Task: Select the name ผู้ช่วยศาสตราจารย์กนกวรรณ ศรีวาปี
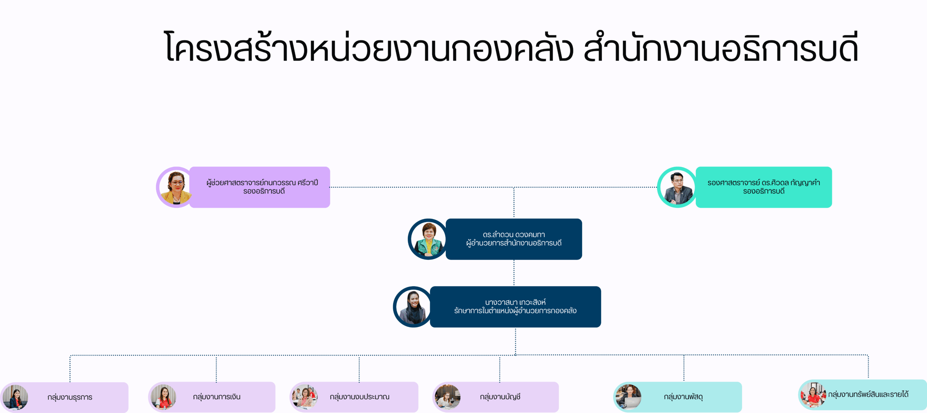coord(262,182)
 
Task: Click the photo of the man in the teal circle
coord(677,187)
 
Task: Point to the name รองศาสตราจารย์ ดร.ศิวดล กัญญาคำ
coord(763,182)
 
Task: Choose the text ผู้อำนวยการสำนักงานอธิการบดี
coord(513,243)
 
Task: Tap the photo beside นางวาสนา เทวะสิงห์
coord(413,307)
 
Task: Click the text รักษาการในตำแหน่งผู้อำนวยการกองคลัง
coord(515,311)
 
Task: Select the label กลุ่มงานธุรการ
coord(70,397)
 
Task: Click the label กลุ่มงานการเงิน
coord(217,397)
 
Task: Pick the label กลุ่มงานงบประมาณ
coord(360,397)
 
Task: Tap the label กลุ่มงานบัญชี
coord(500,397)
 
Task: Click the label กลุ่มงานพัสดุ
coord(683,397)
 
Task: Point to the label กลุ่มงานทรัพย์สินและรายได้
coord(868,394)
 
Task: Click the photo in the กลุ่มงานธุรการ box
coord(16,397)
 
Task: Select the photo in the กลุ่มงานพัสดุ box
coord(629,397)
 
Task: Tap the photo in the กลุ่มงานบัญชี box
coord(448,397)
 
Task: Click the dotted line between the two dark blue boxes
coord(514,273)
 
